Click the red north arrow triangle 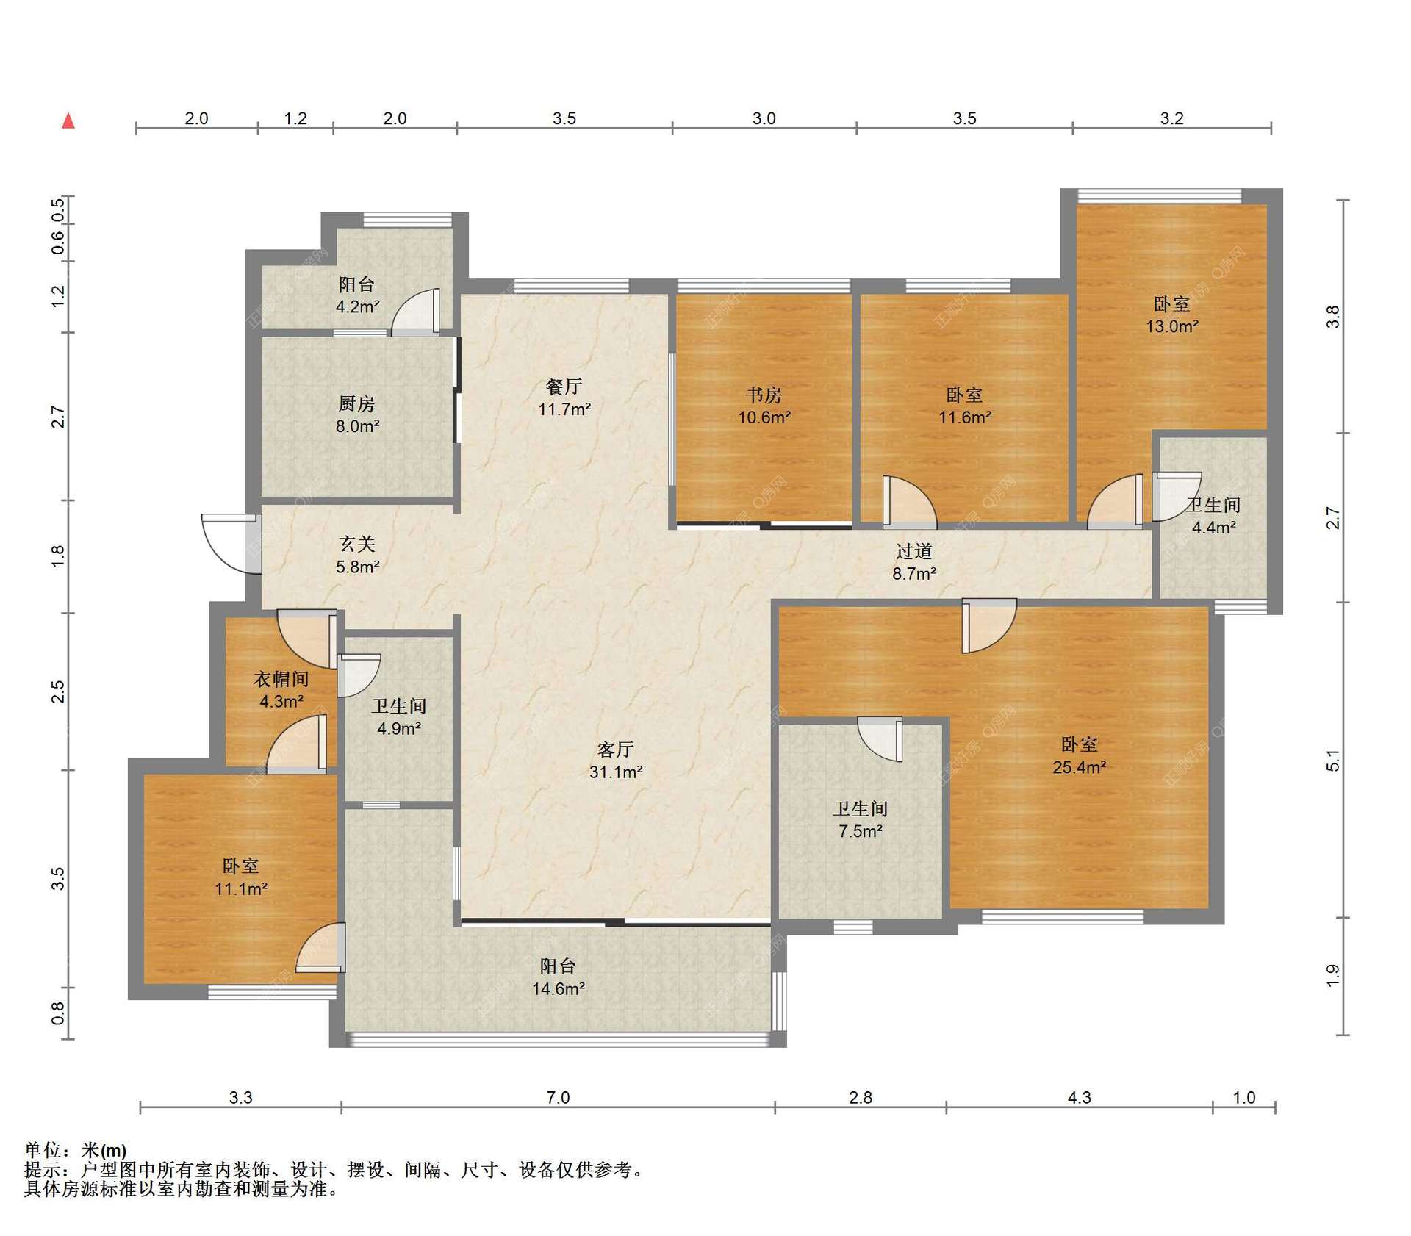click(x=68, y=121)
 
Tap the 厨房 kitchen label click(x=357, y=403)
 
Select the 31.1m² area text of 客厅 click(x=616, y=772)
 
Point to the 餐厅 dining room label click(x=564, y=387)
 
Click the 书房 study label click(x=764, y=395)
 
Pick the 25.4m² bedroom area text click(x=1080, y=767)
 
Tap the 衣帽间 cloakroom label click(x=281, y=679)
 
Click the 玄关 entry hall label click(x=357, y=544)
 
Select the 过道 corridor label click(x=914, y=551)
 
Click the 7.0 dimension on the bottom click(x=559, y=1098)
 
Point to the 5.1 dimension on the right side click(x=1333, y=761)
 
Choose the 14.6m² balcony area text click(x=559, y=989)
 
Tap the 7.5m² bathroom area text click(x=861, y=831)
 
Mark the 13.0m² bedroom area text click(x=1172, y=326)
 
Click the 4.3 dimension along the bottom click(x=1079, y=1098)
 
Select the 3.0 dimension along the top click(x=764, y=118)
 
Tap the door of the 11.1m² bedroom click(x=321, y=949)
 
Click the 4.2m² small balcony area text click(x=358, y=307)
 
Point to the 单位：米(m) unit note click(x=75, y=1150)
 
